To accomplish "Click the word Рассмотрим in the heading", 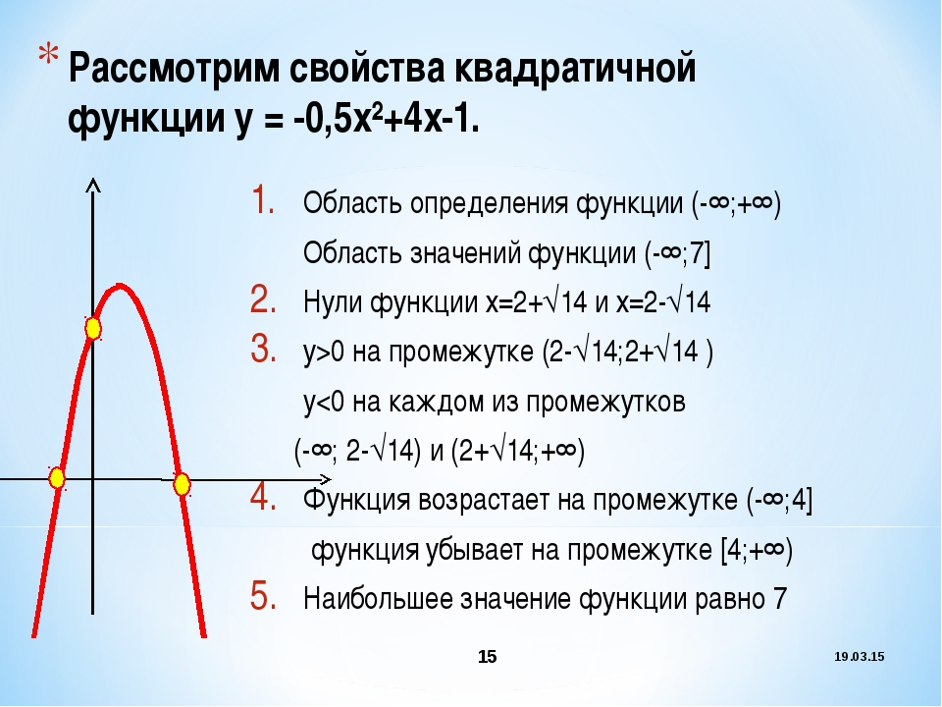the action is coord(174,69).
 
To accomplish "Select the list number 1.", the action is coord(263,199).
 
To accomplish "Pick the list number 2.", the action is coord(263,299).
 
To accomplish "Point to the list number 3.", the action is coord(263,349).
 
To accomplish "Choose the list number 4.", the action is coord(263,497).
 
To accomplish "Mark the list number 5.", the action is coord(263,596).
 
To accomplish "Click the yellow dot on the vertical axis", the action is coord(92,329).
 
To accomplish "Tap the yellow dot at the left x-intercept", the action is coord(57,478).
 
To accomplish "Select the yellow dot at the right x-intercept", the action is coord(182,484).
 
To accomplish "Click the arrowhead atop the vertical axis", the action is coord(92,186).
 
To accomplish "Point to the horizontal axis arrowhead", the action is coord(325,479).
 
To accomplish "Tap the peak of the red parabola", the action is coord(121,286).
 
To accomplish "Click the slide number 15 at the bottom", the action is coord(488,657).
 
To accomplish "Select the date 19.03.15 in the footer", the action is coord(860,657).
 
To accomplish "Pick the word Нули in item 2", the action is coord(333,301).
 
